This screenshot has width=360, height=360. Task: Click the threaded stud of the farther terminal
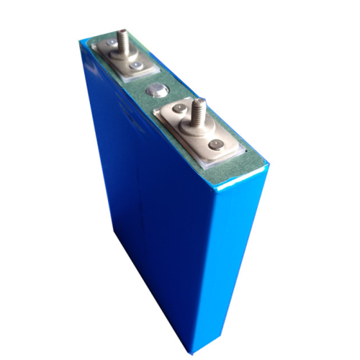click(122, 40)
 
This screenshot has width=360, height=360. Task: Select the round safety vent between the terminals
click(154, 91)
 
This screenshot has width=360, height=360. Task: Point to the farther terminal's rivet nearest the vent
click(135, 67)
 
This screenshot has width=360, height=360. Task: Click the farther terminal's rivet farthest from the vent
click(113, 46)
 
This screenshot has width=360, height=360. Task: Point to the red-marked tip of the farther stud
click(122, 31)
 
